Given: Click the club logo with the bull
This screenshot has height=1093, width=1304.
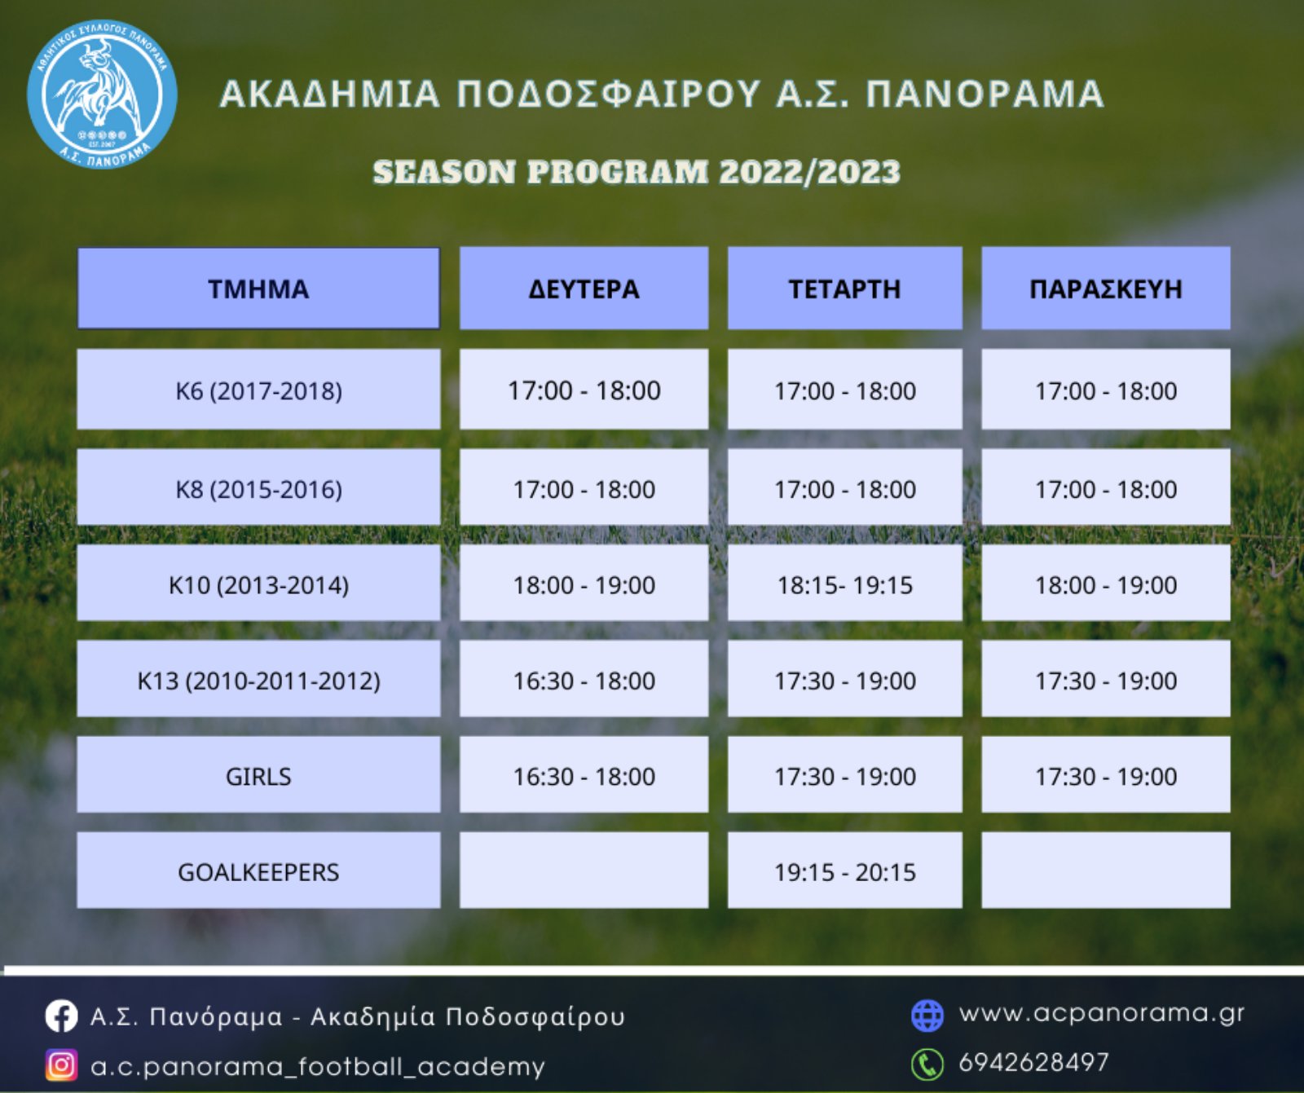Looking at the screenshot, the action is (102, 94).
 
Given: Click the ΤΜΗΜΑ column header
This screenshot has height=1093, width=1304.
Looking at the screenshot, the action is (258, 289).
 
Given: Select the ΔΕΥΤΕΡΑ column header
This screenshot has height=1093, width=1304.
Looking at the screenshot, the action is (584, 289).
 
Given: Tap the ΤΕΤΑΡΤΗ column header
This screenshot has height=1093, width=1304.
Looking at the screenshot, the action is (844, 289).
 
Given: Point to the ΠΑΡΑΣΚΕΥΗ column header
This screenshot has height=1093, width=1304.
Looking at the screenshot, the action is (1105, 289).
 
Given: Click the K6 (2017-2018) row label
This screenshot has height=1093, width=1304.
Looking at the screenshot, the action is (258, 390).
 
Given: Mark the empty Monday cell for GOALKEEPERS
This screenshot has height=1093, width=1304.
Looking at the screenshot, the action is (584, 870).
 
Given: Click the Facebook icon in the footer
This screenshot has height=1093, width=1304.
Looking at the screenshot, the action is (61, 1016).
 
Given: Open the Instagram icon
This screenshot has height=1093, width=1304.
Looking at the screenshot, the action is (61, 1065).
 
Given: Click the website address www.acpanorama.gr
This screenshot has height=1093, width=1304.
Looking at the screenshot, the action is (1102, 1013).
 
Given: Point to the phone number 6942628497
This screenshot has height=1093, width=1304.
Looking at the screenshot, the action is (1033, 1062).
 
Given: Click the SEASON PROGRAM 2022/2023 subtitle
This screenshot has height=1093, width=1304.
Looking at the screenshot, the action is (637, 172).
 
